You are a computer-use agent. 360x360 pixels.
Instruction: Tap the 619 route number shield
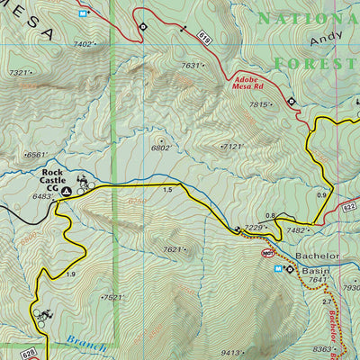(206, 37)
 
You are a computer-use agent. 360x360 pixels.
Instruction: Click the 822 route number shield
(349, 207)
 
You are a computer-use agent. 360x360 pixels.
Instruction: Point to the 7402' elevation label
(84, 44)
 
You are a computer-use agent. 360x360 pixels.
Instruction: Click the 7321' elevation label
(20, 73)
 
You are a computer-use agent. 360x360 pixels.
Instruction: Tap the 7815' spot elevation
(260, 105)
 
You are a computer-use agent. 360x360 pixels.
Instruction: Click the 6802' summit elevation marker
(162, 148)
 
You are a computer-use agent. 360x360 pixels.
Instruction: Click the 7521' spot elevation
(112, 297)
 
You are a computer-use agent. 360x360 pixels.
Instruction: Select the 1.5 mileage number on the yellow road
(166, 190)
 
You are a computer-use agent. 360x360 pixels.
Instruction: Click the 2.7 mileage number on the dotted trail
(326, 301)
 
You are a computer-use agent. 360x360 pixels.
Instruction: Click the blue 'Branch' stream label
(86, 343)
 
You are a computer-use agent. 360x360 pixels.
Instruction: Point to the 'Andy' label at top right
(327, 40)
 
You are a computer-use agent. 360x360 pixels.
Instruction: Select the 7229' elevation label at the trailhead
(254, 229)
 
